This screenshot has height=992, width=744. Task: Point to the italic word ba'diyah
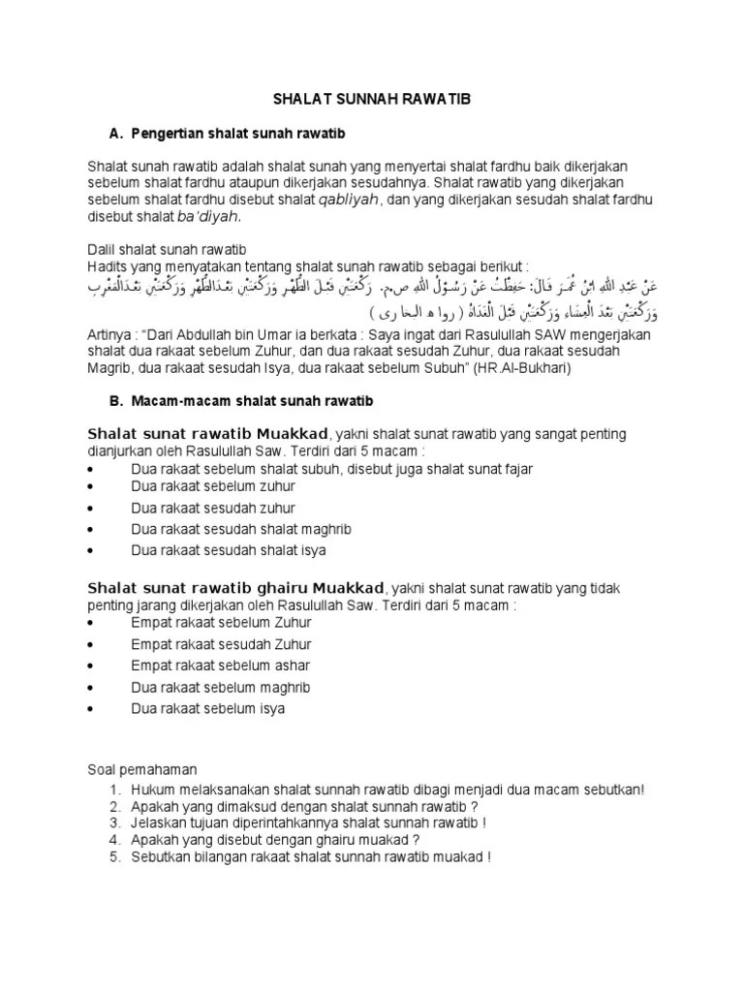[x=206, y=216]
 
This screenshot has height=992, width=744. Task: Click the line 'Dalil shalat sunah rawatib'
[x=159, y=249]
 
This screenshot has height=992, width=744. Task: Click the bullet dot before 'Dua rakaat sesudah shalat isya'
[x=90, y=550]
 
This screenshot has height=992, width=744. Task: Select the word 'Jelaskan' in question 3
[x=159, y=822]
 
